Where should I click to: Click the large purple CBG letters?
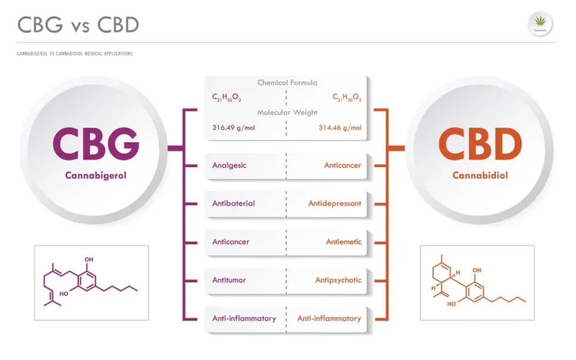coord(96,145)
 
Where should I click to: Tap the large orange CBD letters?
coord(480,145)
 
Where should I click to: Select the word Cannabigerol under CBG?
coord(96,175)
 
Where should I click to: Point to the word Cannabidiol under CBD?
coord(480,175)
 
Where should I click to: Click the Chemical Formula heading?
coord(287,83)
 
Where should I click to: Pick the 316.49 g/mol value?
coord(234,127)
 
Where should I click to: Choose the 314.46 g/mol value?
coord(340,127)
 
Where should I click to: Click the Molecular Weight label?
coord(287,112)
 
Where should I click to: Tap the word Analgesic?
coord(229,165)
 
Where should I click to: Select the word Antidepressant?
coord(334,204)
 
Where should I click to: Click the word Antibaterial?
coord(233,204)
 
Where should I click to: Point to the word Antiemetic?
coord(344,242)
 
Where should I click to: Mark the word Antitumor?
coord(229,280)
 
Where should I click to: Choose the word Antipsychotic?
coord(338,280)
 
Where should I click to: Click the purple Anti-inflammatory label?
coord(244,318)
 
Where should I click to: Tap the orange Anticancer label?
coord(343,165)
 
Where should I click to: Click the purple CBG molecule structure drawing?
coord(91,283)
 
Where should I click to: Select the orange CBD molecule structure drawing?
coord(477,283)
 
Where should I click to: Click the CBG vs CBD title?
coord(78,25)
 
